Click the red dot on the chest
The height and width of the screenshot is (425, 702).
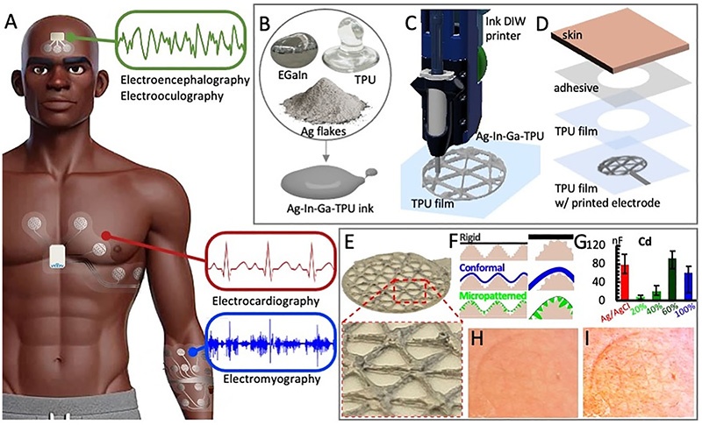(107, 236)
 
